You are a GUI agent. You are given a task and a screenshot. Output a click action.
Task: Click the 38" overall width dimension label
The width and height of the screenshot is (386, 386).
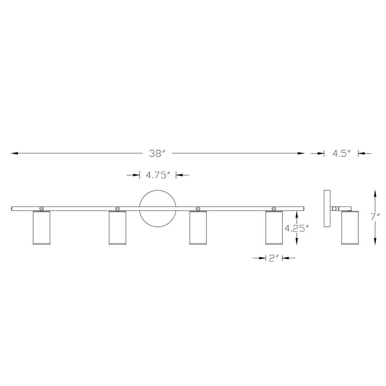click(x=157, y=154)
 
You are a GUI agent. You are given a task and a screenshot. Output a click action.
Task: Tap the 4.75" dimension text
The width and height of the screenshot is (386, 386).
click(x=158, y=175)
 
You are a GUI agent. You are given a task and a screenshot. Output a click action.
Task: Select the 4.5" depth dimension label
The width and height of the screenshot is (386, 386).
click(x=342, y=154)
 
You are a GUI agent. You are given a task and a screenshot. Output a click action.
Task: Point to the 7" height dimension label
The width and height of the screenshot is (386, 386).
click(x=376, y=217)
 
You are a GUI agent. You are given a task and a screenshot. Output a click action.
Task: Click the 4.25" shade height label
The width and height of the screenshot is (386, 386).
click(x=296, y=229)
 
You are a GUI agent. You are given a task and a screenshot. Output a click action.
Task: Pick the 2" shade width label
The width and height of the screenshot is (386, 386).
click(x=274, y=258)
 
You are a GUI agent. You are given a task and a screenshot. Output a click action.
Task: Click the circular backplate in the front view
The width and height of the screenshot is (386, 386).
click(x=157, y=190)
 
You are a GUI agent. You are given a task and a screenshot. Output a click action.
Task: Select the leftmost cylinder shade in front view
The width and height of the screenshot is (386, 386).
click(x=42, y=228)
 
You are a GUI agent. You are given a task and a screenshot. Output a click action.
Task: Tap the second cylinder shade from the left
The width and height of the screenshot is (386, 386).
click(x=117, y=228)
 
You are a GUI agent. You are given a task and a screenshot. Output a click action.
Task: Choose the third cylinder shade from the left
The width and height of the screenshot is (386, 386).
click(x=198, y=228)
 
